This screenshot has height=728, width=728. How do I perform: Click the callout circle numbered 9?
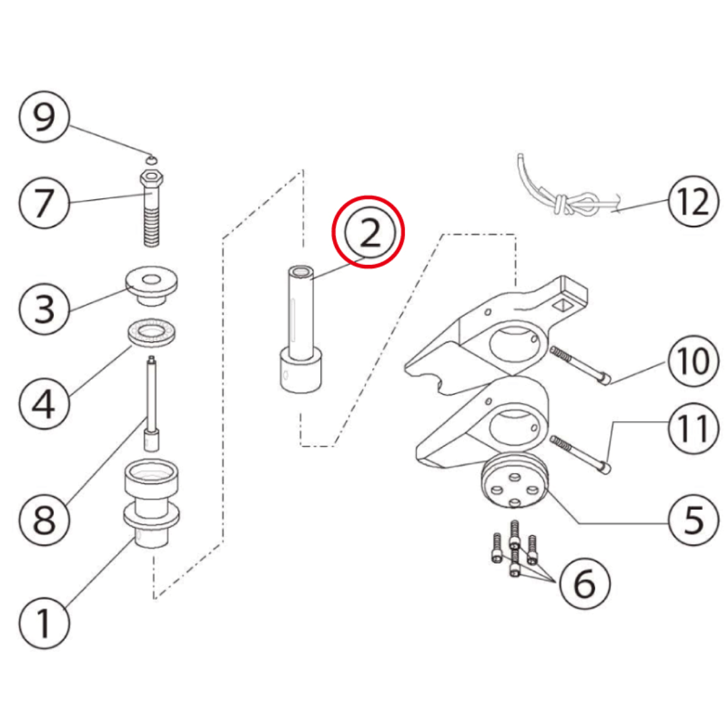point(44,117)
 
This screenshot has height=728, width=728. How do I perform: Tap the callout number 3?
point(44,309)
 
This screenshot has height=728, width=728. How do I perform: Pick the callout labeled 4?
point(44,403)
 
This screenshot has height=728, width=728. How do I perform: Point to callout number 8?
point(44,519)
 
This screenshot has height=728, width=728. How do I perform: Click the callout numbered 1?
point(44,623)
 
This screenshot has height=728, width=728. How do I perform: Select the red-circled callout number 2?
point(369,232)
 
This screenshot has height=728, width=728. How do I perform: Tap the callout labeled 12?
point(694,201)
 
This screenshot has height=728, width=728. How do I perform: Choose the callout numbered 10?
point(694,361)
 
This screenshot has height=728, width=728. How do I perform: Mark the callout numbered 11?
point(694,428)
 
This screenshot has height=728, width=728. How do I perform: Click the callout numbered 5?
point(694,520)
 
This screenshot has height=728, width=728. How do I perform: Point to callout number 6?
point(584,584)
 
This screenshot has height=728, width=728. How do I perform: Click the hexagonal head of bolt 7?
point(152,177)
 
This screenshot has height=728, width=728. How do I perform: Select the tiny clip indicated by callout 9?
point(152,160)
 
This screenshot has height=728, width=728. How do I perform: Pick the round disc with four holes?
point(514,481)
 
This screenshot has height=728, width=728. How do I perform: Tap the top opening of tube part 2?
point(301,272)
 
